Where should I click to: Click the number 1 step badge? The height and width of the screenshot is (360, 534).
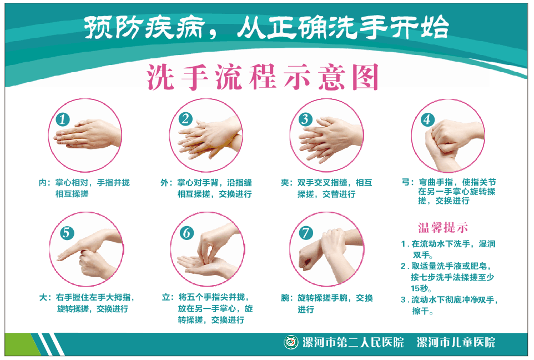63,119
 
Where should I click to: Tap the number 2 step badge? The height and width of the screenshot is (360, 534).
185,119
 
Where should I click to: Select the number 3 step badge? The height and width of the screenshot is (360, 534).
305,119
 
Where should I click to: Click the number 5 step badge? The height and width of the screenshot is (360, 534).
67,233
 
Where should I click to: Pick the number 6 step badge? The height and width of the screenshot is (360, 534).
187,233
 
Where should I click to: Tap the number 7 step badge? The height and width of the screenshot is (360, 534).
306,233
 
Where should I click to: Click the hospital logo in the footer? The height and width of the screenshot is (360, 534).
291,342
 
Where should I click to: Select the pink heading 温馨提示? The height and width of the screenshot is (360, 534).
443,227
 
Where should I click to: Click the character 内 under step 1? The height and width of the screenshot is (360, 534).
43,183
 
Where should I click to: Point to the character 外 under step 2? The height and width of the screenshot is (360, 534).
164,183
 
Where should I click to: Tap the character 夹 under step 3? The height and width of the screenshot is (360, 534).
285,183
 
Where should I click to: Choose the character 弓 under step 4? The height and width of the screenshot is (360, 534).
406,182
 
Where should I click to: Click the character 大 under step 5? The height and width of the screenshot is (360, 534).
43,297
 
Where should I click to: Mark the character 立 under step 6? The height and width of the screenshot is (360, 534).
166,297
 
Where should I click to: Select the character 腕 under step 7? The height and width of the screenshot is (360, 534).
285,298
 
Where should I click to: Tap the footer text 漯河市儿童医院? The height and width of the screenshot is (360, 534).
456,342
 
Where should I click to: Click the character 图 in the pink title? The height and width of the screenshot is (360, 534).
365,77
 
